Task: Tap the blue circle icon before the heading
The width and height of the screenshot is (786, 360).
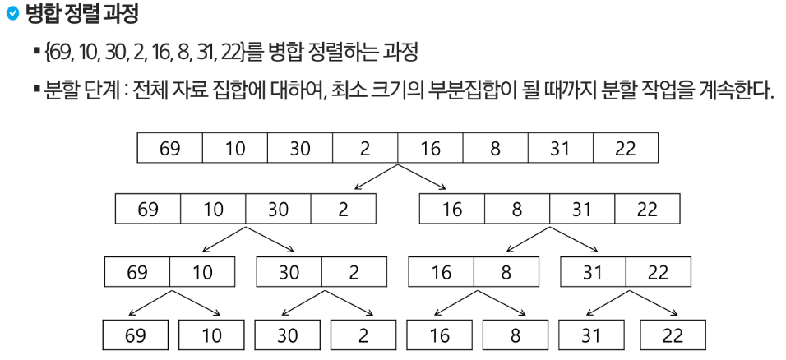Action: pyautogui.click(x=12, y=15)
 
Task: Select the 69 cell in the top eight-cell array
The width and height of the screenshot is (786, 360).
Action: pyautogui.click(x=169, y=148)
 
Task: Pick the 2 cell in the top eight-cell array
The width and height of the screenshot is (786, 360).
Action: pyautogui.click(x=365, y=148)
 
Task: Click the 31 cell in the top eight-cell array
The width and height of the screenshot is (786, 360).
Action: pyautogui.click(x=560, y=148)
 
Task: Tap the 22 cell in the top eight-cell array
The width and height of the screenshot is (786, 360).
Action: pyautogui.click(x=625, y=148)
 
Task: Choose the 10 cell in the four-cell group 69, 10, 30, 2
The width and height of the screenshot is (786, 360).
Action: pyautogui.click(x=213, y=209)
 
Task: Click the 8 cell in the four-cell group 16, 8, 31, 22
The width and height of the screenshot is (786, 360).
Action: pyautogui.click(x=517, y=209)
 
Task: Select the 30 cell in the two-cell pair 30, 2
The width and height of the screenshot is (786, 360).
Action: pyautogui.click(x=289, y=271)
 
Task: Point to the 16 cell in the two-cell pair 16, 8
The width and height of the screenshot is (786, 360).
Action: pyautogui.click(x=441, y=271)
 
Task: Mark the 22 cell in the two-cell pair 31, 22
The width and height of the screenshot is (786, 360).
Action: pyautogui.click(x=658, y=271)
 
